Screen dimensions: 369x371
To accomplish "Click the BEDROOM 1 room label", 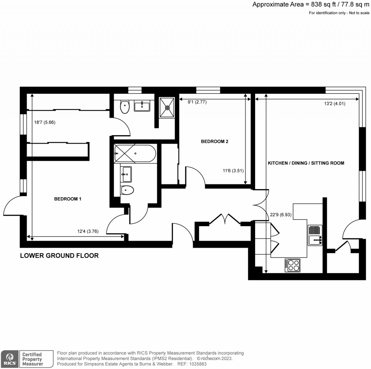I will pyautogui.click(x=68, y=199).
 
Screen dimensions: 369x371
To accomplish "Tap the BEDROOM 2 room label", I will pyautogui.click(x=214, y=141).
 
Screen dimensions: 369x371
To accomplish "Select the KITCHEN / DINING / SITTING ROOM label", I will pyautogui.click(x=306, y=163).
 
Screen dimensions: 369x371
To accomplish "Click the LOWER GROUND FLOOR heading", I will pyautogui.click(x=59, y=256).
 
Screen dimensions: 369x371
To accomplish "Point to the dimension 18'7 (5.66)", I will pyautogui.click(x=45, y=122).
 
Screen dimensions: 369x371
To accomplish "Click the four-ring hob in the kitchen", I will pyautogui.click(x=293, y=265).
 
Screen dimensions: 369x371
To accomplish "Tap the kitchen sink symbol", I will pyautogui.click(x=315, y=235).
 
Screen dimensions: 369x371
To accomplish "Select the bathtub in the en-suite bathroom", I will pyautogui.click(x=135, y=153).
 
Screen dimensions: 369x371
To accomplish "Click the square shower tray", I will pyautogui.click(x=167, y=107).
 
